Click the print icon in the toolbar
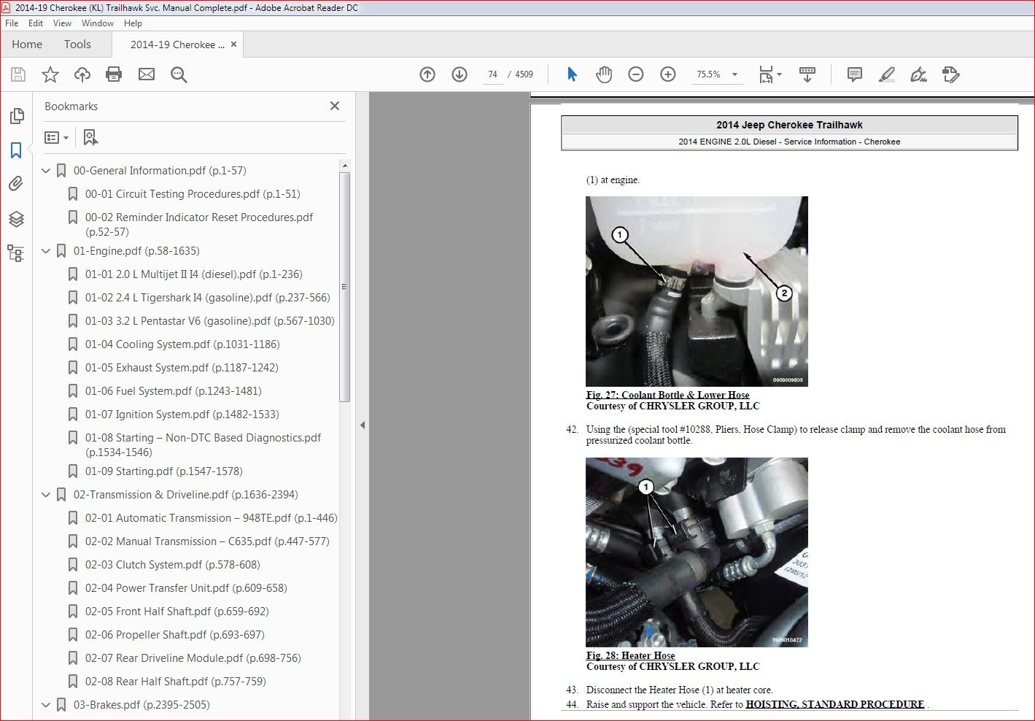(114, 74)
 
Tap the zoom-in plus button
(667, 74)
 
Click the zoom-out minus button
(636, 74)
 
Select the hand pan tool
(603, 74)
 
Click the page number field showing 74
(492, 74)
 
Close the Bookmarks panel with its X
(335, 106)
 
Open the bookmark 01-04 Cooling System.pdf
(182, 344)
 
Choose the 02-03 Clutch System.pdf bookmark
(172, 565)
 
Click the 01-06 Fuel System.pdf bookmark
(174, 391)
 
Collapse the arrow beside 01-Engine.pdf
(46, 251)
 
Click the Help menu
(133, 23)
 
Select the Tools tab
(77, 45)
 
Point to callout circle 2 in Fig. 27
(784, 293)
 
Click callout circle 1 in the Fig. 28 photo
(646, 487)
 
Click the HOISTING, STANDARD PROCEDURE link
(835, 704)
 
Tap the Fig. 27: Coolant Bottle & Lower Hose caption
(667, 395)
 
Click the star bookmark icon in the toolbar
(50, 74)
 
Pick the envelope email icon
(147, 74)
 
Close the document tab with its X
(234, 45)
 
